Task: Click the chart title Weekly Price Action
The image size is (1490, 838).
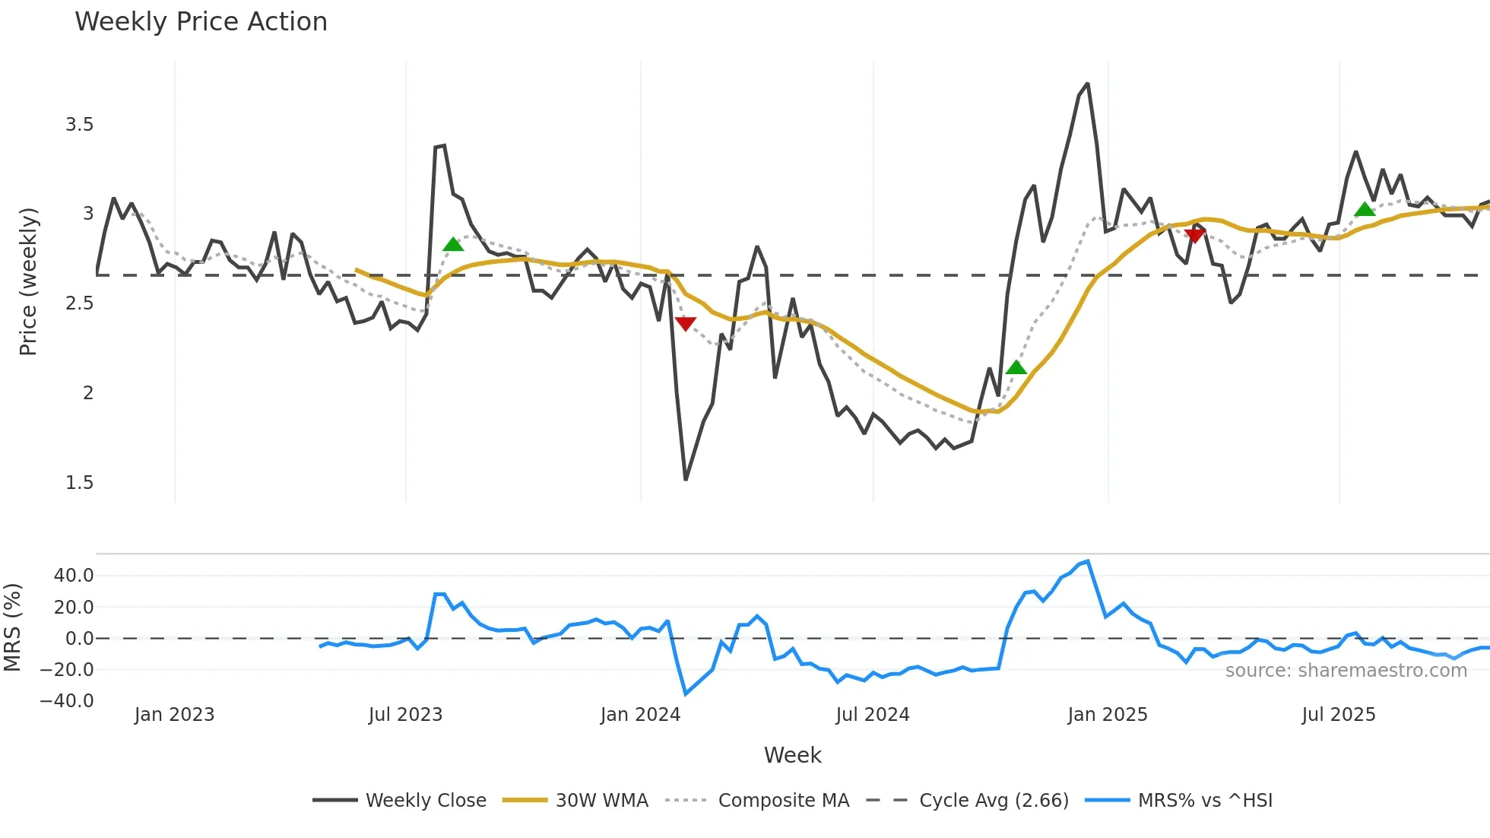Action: click(201, 22)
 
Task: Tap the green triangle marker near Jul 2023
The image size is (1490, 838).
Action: click(453, 245)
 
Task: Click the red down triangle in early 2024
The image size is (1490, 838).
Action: click(685, 324)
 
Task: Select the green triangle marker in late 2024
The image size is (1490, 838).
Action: click(1016, 368)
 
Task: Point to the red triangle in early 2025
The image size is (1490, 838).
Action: click(1194, 236)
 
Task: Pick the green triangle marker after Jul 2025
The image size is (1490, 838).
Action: click(1365, 210)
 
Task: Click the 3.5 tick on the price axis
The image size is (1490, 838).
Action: click(79, 125)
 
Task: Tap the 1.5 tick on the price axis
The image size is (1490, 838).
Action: click(79, 483)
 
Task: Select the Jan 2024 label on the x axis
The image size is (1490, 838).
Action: click(640, 715)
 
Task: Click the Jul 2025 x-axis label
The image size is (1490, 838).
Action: click(1338, 715)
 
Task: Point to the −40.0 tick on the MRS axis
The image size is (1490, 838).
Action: click(67, 701)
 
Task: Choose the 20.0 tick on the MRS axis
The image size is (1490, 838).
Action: click(74, 607)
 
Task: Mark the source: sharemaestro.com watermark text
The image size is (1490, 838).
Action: click(1346, 671)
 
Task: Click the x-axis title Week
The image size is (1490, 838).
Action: click(792, 755)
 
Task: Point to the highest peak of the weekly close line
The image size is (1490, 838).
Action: click(1088, 84)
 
